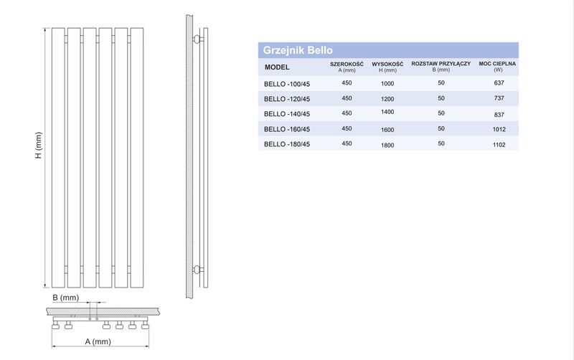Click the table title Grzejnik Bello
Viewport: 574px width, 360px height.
tap(298, 50)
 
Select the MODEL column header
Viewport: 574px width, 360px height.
tap(277, 67)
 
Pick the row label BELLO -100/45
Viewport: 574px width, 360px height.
tap(287, 84)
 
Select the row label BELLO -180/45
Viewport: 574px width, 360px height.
tap(287, 144)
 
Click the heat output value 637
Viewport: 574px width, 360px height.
tap(499, 83)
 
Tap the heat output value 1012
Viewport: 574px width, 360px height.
tap(499, 129)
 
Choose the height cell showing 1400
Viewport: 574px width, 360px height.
tap(387, 112)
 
